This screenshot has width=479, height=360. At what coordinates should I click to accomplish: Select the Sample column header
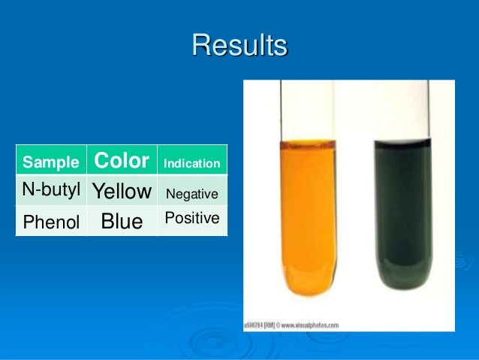pyautogui.click(x=50, y=162)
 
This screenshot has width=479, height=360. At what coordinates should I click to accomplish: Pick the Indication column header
pyautogui.click(x=191, y=163)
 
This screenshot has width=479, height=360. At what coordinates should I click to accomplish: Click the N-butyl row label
pyautogui.click(x=51, y=191)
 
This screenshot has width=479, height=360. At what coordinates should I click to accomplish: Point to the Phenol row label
pyautogui.click(x=51, y=222)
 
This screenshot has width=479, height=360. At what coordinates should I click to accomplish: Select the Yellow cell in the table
pyautogui.click(x=122, y=192)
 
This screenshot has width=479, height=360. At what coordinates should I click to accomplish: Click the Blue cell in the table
pyautogui.click(x=122, y=222)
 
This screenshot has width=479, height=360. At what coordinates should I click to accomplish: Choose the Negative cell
pyautogui.click(x=191, y=194)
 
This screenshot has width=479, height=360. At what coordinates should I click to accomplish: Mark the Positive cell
pyautogui.click(x=191, y=218)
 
